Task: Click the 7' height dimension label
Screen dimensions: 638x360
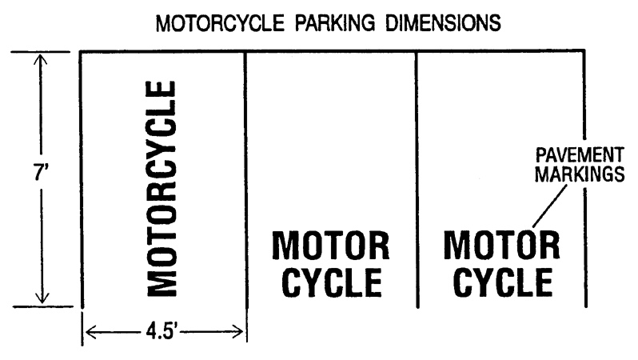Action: [38, 175]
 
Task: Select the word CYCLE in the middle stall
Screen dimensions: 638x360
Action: [331, 283]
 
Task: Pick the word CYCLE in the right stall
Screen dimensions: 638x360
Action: [501, 283]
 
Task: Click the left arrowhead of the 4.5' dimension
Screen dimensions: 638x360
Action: [90, 330]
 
